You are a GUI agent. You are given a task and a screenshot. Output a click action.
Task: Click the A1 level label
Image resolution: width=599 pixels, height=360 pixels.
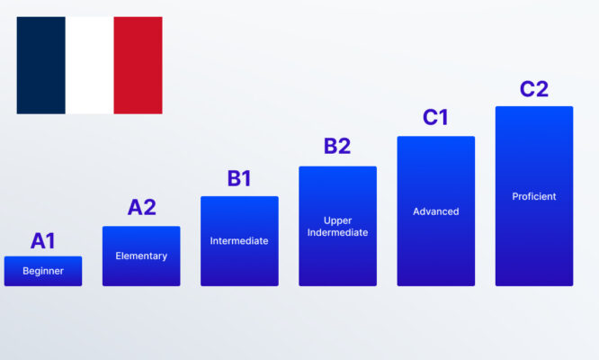(43, 240)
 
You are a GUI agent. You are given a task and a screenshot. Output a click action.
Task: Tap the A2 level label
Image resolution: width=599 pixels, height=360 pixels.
(141, 208)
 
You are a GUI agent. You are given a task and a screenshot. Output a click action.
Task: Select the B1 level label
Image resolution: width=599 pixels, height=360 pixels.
(239, 178)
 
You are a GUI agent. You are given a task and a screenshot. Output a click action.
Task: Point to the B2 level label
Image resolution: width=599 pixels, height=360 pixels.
(337, 147)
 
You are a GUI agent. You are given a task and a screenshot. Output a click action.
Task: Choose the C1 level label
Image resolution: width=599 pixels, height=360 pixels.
(435, 118)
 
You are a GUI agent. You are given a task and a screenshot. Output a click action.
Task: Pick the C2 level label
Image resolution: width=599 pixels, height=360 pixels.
(533, 89)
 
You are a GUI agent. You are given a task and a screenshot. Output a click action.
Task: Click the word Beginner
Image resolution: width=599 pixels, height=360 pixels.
(43, 271)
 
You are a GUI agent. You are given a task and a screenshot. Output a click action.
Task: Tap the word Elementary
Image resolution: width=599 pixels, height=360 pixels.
(141, 256)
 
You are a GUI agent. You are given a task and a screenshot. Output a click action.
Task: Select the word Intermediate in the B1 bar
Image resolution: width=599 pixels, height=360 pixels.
(239, 240)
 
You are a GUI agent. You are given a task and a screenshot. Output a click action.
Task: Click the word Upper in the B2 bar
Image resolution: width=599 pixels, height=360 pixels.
(337, 220)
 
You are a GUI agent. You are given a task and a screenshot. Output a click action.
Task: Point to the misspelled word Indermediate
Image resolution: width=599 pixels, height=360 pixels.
(337, 232)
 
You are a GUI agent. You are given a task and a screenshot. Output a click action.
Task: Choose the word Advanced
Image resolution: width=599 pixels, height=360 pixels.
(435, 211)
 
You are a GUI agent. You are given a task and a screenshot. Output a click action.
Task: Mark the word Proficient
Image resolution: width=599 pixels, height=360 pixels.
(533, 196)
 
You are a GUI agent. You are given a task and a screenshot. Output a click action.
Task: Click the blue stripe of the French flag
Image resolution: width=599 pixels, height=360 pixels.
(40, 65)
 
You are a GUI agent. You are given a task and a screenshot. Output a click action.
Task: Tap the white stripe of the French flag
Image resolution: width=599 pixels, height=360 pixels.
(89, 65)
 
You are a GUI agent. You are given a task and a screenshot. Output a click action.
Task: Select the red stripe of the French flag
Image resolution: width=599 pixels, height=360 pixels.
(138, 65)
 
